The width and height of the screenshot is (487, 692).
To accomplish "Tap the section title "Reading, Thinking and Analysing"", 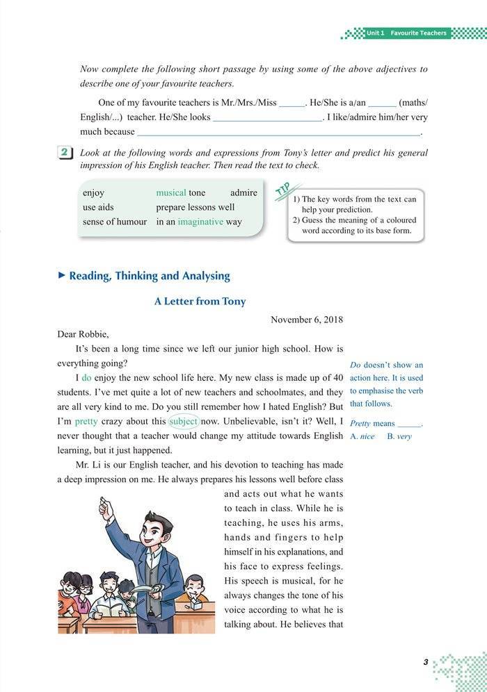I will [x=149, y=276].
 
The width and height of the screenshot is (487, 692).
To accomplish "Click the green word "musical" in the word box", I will [x=170, y=192].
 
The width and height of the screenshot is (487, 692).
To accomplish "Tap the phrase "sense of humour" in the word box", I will [x=115, y=222].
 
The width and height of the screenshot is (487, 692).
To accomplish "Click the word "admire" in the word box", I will [x=243, y=192].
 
